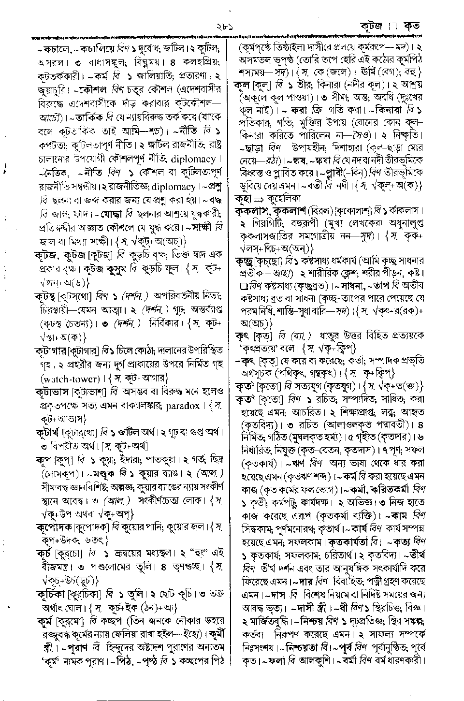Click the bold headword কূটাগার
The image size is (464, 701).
[51, 350]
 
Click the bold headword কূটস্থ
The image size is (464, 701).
[46, 294]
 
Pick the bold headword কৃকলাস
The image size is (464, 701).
[252, 211]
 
